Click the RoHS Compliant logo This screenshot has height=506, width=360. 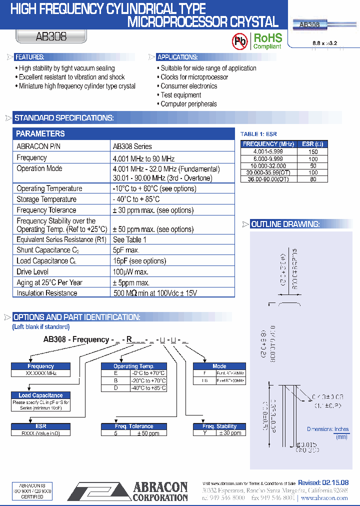tap(267, 41)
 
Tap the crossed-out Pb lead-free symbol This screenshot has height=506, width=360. tap(240, 42)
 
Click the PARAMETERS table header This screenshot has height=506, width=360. tap(40, 133)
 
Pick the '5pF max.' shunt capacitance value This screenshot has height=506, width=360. tap(126, 250)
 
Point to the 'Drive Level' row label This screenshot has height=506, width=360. tap(32, 271)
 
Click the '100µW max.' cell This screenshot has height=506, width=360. tap(131, 271)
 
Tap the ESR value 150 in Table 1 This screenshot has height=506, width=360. tap(313, 151)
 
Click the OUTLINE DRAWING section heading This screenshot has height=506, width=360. tap(285, 224)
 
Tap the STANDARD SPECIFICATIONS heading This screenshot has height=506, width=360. tap(64, 118)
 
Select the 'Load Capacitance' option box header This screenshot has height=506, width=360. tap(41, 395)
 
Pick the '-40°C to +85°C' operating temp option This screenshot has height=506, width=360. tap(147, 388)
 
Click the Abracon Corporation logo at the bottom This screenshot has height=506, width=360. tap(128, 490)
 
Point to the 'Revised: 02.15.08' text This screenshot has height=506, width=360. tap(323, 482)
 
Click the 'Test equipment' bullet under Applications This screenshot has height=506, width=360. tap(181, 95)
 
